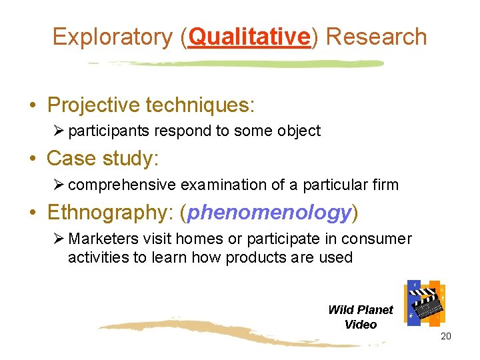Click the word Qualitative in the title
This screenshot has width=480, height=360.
[x=250, y=37]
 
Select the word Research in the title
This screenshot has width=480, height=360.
[x=376, y=37]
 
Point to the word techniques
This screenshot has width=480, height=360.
[x=199, y=105]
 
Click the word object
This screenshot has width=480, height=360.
[x=299, y=131]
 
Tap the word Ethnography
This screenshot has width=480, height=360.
[x=109, y=213]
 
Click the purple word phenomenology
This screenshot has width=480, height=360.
[x=269, y=213]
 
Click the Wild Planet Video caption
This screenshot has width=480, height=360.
[x=361, y=317]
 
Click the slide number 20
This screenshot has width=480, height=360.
[x=446, y=336]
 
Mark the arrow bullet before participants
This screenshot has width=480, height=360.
[x=58, y=131]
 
